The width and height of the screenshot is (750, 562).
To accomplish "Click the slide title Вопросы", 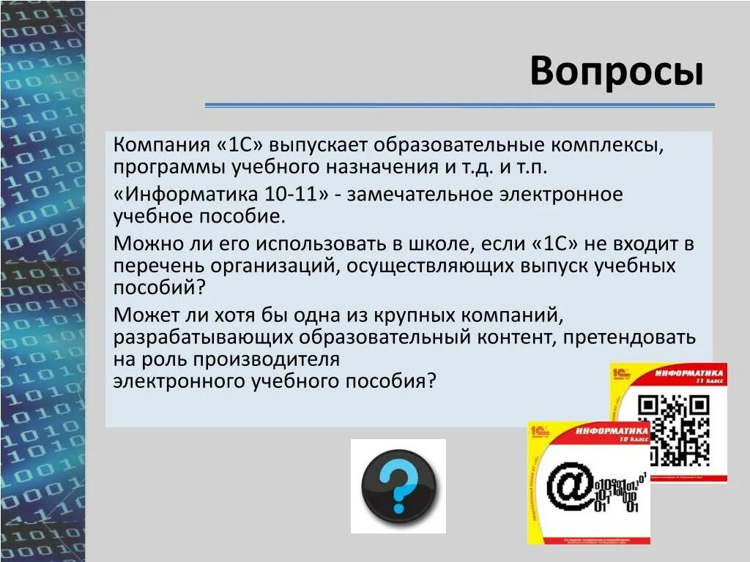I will click(x=617, y=72).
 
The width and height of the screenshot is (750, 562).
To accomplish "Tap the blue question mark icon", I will click(x=398, y=485).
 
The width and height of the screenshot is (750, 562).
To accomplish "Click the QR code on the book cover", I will click(x=673, y=428).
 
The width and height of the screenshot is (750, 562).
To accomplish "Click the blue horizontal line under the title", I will click(x=459, y=105).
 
